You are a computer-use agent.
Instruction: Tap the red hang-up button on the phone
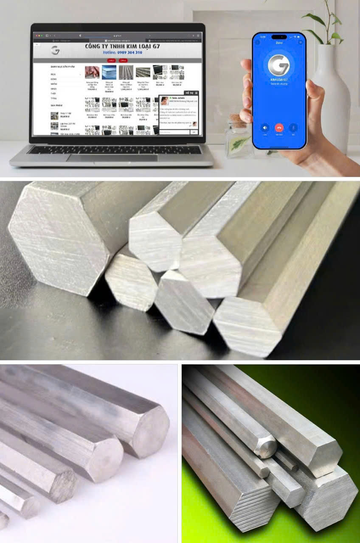coord(279,127)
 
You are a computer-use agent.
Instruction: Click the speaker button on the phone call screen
coord(265,127)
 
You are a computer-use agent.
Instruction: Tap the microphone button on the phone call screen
coord(293,127)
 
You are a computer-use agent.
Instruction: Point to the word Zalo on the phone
coord(279,42)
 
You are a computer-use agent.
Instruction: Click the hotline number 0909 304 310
coord(122,53)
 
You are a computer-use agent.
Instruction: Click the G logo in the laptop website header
coord(55,50)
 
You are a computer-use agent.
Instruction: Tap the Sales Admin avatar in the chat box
coord(164,101)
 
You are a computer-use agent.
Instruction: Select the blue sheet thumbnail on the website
coord(109,72)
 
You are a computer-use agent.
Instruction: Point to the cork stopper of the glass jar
coord(238,120)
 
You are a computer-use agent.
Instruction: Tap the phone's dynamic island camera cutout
coord(279,37)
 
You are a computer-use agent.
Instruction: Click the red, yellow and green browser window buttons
coord(38,36)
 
